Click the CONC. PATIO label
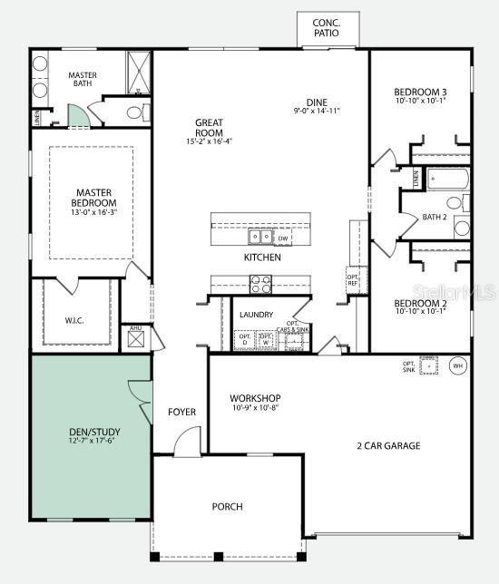327,28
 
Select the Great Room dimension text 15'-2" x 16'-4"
209,141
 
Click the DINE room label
317,102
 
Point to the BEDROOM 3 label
419,92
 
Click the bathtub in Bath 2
446,179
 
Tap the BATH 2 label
435,217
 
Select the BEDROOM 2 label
419,303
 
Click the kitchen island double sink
260,238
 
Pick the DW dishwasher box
283,238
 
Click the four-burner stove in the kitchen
260,285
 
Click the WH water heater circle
457,366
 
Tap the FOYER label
181,412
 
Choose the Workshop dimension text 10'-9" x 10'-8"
254,408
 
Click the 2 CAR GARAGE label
388,445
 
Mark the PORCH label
227,506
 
